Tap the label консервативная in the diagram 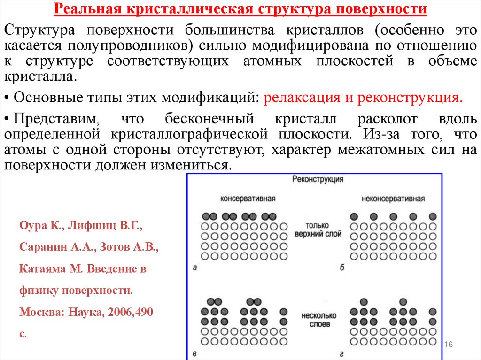click(x=248, y=198)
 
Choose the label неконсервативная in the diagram click(x=393, y=198)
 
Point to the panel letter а click(x=194, y=268)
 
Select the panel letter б click(x=342, y=268)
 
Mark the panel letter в click(x=194, y=353)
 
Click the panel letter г click(x=342, y=353)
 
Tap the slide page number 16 click(x=448, y=345)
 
